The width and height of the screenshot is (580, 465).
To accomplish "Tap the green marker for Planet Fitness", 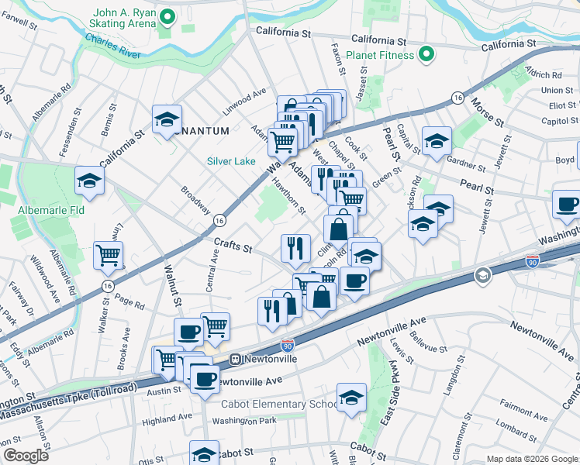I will pos(425,55).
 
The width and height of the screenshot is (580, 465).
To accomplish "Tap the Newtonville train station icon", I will pos(234,360).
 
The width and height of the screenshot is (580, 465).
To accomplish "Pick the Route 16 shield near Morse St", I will pos(458,98).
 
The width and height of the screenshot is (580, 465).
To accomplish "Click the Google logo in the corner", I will pos(26,456).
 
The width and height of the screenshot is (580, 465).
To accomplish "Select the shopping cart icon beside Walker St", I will pos(108,255).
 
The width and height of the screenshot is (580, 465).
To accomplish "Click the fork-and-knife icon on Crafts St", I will pos(295,247).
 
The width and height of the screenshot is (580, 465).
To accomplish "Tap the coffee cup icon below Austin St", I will pos(205,380).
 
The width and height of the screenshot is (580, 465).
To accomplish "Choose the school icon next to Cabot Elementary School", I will pos(352,397).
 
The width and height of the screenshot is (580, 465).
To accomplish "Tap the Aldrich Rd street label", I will pos(543,74).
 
